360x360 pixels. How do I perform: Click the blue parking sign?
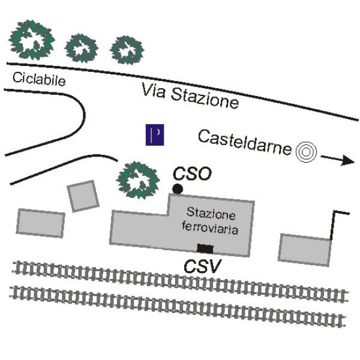(x=155, y=135)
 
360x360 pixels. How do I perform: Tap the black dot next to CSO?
(x=178, y=190)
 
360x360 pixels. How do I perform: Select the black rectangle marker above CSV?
(x=205, y=248)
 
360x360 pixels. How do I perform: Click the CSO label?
(x=192, y=174)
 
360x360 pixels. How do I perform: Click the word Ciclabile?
(x=38, y=79)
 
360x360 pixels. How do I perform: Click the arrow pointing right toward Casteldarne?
(x=337, y=160)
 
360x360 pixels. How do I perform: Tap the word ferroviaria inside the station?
(x=211, y=229)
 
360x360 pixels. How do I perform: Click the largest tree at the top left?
(x=32, y=39)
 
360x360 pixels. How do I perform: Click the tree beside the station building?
(x=138, y=179)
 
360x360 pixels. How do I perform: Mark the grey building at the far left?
(x=40, y=223)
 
